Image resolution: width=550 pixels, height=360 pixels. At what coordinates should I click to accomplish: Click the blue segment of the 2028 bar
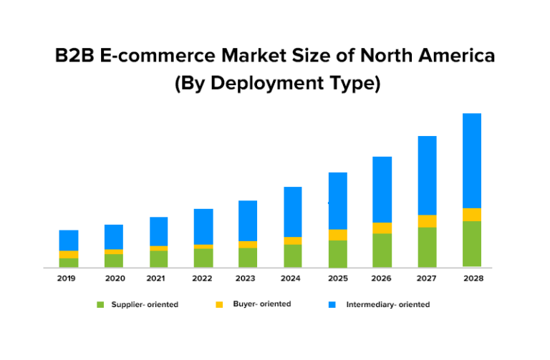pos(472,160)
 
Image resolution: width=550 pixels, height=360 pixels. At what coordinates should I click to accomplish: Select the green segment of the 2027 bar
pos(427,247)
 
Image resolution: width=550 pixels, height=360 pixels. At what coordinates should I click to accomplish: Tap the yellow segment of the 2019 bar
pos(69,254)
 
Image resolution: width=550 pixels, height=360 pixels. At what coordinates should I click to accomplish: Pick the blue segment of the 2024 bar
pos(292,211)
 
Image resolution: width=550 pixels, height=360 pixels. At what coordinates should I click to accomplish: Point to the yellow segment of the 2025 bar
pos(337,235)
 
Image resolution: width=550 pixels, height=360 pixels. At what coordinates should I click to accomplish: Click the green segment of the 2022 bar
pos(203,258)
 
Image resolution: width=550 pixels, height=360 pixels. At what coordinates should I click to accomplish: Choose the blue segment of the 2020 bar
pos(114,237)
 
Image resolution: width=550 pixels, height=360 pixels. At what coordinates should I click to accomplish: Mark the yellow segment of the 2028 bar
pos(472,215)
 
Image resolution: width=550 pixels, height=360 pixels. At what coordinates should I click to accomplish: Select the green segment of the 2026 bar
pos(382,250)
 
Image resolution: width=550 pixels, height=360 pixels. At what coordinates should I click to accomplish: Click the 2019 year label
pos(67,278)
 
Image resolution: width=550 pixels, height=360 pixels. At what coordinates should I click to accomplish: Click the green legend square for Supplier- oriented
pos(101,305)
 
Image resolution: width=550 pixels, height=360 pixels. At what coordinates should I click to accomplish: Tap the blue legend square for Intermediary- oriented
pos(332,305)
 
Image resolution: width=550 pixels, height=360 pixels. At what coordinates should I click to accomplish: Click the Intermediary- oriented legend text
pos(387,305)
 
